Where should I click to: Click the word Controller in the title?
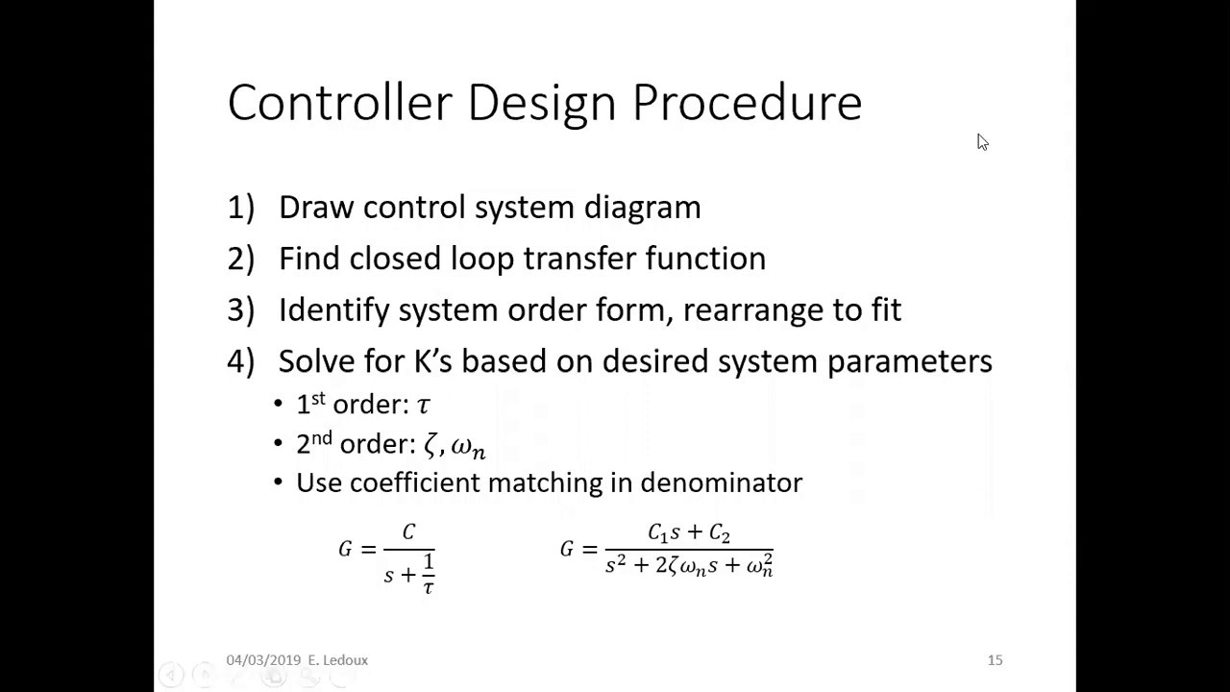tap(338, 103)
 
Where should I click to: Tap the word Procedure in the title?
tap(747, 103)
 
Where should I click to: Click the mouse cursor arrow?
tap(982, 142)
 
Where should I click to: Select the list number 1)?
tap(240, 208)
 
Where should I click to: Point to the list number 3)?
tap(240, 309)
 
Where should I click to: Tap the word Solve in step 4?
tap(316, 361)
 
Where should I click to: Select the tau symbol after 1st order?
tap(424, 406)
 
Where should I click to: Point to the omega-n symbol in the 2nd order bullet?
tap(468, 447)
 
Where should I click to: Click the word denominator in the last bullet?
tap(721, 482)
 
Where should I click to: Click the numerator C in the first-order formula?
tap(408, 531)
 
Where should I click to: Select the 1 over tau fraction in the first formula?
tap(428, 574)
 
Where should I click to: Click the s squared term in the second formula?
tap(616, 565)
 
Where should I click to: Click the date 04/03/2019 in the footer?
tap(263, 660)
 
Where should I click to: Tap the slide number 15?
tap(995, 660)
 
